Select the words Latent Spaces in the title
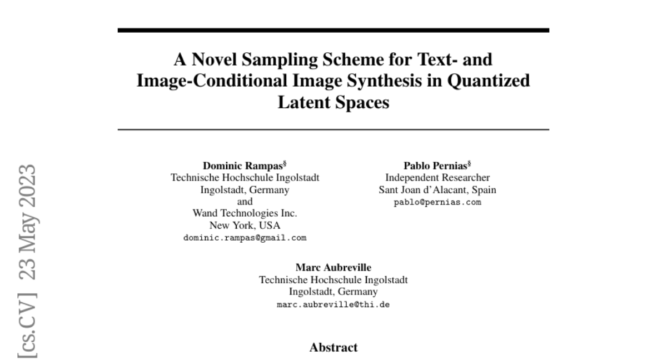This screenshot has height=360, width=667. tap(333, 103)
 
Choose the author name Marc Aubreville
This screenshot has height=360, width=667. tap(333, 268)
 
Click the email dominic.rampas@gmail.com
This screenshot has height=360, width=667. tap(245, 238)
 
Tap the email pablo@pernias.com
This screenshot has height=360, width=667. tap(437, 202)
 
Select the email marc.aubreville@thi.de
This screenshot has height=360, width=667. tap(333, 304)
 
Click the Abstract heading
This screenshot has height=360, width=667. tap(333, 348)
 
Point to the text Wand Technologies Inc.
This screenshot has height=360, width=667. tap(245, 213)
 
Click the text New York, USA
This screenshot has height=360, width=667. tap(245, 226)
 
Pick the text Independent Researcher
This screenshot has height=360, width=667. tap(437, 178)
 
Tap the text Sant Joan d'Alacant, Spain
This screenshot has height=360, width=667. tap(437, 190)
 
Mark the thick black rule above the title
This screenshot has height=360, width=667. tap(333, 30)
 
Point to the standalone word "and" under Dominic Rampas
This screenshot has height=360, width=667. tap(245, 202)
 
